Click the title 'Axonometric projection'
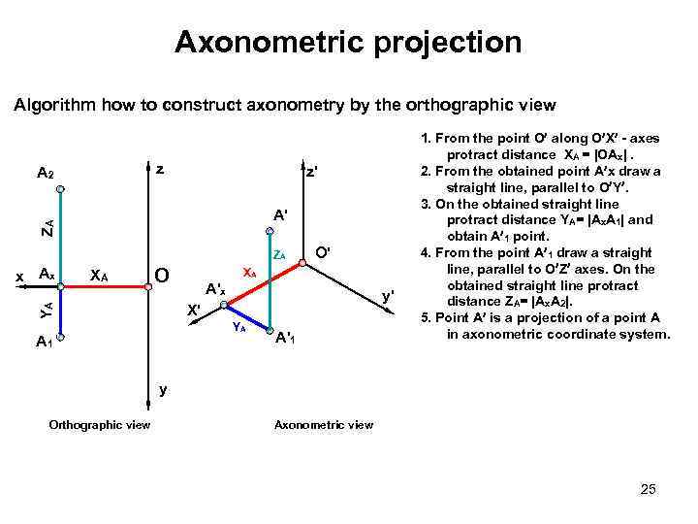pyautogui.click(x=348, y=43)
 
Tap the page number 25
pyautogui.click(x=649, y=489)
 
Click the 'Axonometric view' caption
pyautogui.click(x=324, y=424)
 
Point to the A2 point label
pyautogui.click(x=45, y=174)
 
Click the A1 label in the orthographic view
pyautogui.click(x=44, y=342)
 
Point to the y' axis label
pyautogui.click(x=388, y=294)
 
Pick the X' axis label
pyautogui.click(x=194, y=311)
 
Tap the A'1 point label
pyautogui.click(x=286, y=339)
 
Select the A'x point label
pyautogui.click(x=215, y=288)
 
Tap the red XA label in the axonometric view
pyautogui.click(x=249, y=273)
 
